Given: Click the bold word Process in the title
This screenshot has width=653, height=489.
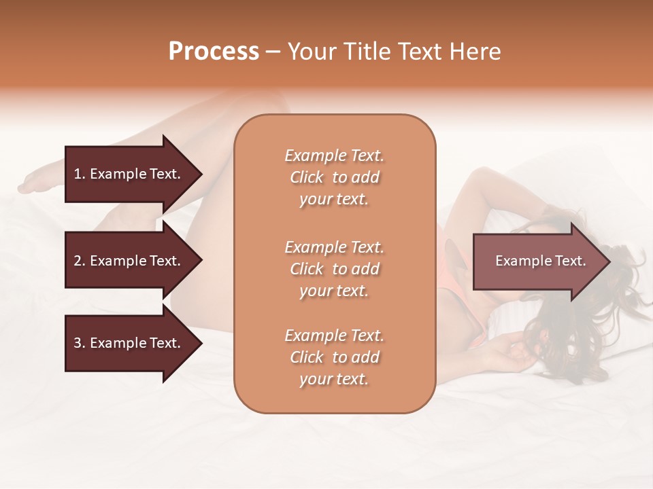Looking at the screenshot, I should (214, 52).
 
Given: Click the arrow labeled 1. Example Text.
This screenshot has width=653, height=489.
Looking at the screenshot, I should (129, 174).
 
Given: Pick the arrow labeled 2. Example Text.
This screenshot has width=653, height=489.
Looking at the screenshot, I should (129, 261).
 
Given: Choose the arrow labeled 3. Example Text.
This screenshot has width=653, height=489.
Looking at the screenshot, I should (129, 343).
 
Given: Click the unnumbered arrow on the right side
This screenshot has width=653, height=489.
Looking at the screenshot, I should (537, 261).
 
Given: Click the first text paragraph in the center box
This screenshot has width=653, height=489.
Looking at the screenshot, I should (334, 177).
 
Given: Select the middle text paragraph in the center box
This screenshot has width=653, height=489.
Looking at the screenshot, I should (334, 269).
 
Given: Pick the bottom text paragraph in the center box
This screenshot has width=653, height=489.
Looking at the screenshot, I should (334, 357).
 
